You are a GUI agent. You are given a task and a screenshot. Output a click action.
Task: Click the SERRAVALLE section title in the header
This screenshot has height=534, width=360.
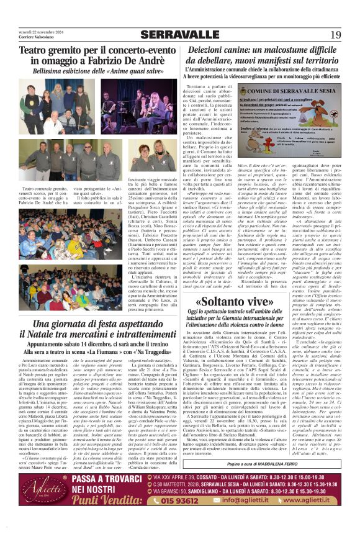coord(179,35)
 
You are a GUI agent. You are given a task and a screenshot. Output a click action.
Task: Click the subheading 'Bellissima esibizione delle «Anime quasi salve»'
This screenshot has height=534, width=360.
coord(94,72)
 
